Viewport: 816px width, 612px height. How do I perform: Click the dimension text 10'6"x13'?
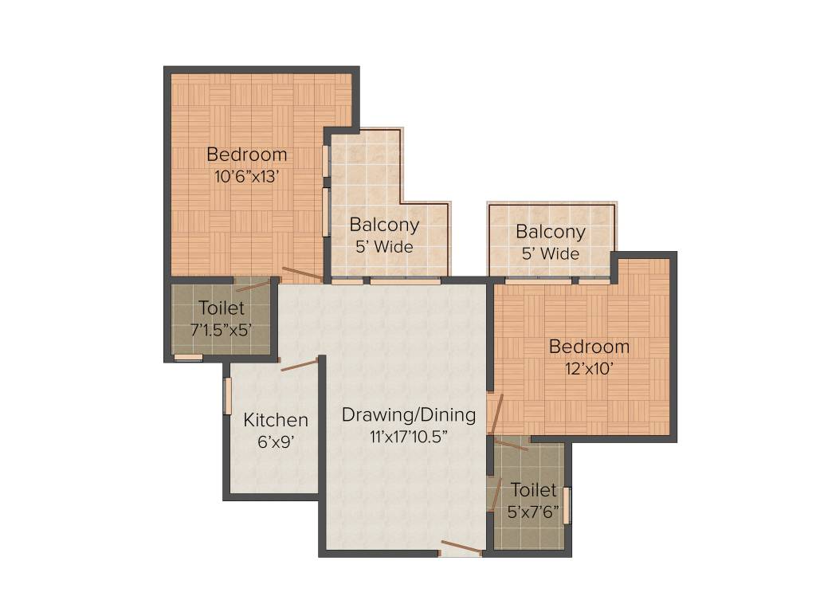tap(246, 177)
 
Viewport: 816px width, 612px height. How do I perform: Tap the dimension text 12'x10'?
tap(589, 369)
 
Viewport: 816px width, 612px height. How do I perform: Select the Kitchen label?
tap(276, 420)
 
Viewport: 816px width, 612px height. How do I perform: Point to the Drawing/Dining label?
tap(409, 414)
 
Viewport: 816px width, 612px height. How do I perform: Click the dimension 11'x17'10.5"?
tap(409, 436)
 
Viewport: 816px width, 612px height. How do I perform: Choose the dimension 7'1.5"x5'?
tap(222, 328)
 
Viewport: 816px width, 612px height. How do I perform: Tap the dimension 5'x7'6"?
tap(534, 512)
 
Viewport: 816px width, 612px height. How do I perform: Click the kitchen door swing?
tap(299, 365)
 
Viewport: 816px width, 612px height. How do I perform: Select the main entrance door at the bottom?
tap(461, 547)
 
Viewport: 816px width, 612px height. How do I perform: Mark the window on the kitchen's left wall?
tap(227, 396)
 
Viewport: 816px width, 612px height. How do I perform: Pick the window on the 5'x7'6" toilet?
tap(567, 504)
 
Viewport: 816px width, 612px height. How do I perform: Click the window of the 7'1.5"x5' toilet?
tap(188, 357)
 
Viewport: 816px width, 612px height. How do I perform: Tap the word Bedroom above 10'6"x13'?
tap(246, 155)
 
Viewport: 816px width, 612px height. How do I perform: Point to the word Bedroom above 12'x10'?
tap(589, 347)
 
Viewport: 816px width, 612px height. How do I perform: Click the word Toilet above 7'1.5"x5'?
tap(222, 308)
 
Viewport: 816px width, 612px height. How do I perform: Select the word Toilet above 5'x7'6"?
tap(534, 490)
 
